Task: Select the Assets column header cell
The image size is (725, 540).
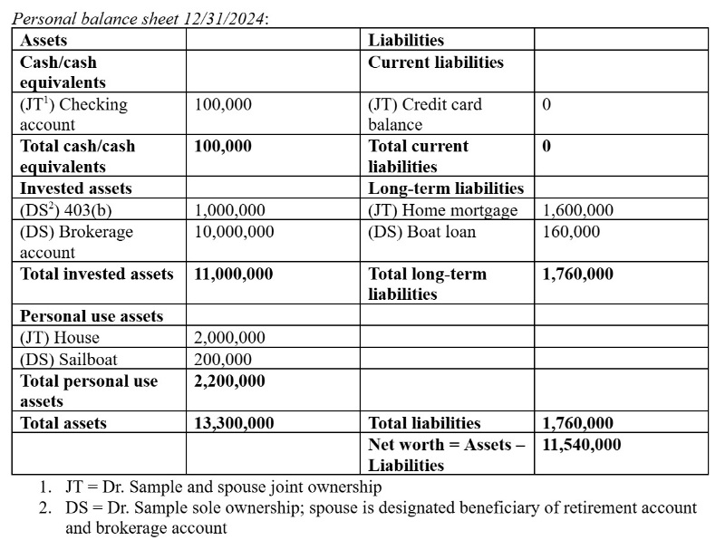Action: click(x=43, y=40)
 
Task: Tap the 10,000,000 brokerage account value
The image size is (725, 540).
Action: click(x=235, y=232)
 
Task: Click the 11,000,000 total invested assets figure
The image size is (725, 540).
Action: click(x=234, y=274)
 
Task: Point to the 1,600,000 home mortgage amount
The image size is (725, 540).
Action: click(x=578, y=210)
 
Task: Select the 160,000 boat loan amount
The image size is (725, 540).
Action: click(x=571, y=232)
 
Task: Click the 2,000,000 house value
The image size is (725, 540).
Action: click(x=230, y=338)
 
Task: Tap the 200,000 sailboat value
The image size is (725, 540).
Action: click(x=224, y=360)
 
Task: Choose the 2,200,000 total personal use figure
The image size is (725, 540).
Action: click(x=230, y=381)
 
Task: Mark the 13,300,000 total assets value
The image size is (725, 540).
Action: click(x=235, y=423)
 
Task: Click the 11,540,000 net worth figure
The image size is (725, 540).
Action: click(x=582, y=444)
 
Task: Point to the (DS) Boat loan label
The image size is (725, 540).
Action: click(x=421, y=232)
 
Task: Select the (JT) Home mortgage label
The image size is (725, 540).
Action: click(x=443, y=210)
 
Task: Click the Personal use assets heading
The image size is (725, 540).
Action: click(x=92, y=316)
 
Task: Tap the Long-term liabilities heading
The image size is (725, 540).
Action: click(x=446, y=188)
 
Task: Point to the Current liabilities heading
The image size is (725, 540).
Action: click(x=436, y=63)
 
